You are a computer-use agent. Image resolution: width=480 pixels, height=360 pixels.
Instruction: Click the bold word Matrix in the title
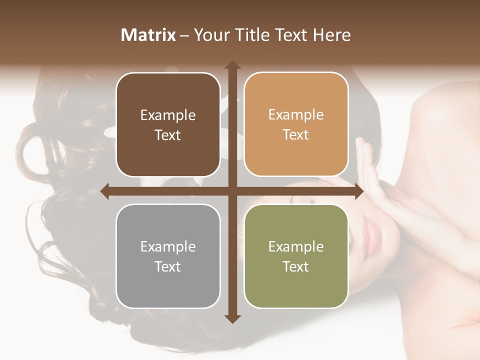(x=148, y=35)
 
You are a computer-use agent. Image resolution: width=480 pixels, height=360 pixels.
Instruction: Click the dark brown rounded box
(x=168, y=124)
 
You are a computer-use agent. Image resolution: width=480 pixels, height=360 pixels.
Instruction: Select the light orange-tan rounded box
(x=296, y=124)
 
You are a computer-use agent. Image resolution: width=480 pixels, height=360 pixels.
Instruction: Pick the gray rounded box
(x=168, y=256)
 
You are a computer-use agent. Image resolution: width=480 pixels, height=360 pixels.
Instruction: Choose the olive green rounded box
(x=296, y=256)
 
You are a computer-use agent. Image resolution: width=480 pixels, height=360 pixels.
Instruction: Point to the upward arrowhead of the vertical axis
(x=232, y=65)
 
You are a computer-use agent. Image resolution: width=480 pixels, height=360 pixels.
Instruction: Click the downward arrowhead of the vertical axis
(x=232, y=318)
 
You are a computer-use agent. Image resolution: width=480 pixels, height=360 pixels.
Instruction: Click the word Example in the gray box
(x=168, y=246)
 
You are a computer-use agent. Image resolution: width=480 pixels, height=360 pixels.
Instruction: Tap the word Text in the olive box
(x=296, y=266)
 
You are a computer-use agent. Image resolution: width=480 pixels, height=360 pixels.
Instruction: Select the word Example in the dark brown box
(x=168, y=115)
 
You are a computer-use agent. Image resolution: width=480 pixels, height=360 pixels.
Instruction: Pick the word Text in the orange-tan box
(x=296, y=135)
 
